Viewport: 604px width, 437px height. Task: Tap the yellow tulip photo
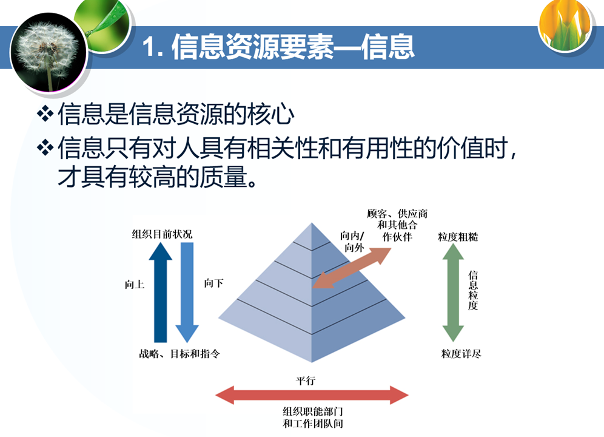point(565,25)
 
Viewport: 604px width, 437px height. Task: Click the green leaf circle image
point(103,25)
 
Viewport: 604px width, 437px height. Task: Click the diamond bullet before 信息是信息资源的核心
point(45,113)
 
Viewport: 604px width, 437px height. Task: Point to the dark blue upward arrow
point(160,293)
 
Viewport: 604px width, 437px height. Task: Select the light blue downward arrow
point(187,293)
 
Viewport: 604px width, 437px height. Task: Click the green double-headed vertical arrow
point(453,293)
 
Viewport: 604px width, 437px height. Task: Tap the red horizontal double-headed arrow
point(312,395)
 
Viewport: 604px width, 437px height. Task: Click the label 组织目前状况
point(162,234)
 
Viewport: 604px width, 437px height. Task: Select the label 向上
point(135,285)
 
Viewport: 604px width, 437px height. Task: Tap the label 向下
point(214,283)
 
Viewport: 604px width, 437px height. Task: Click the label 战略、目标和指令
point(180,354)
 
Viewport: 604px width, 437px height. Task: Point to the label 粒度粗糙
point(458,237)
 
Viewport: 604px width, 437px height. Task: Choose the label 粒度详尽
point(461,353)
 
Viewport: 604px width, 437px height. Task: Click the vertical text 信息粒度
point(473,291)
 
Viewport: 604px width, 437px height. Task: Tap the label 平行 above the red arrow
point(306,381)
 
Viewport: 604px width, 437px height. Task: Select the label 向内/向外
point(352,242)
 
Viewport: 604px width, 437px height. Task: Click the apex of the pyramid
point(312,223)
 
